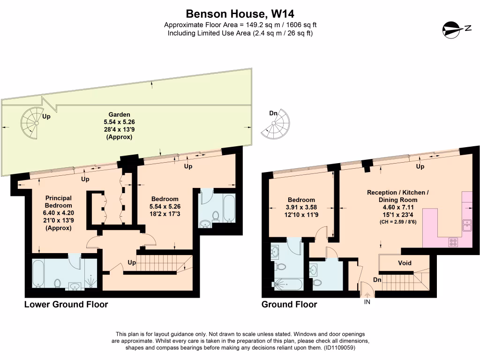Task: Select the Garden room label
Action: click(119, 114)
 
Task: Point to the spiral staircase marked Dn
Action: click(277, 126)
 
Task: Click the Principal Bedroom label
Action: click(59, 202)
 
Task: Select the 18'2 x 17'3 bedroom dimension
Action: click(164, 213)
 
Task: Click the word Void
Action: click(405, 263)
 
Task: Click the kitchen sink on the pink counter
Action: click(467, 225)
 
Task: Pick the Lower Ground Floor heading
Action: click(66, 305)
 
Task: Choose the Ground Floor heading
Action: click(289, 305)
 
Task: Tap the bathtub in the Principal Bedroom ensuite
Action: click(38, 274)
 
